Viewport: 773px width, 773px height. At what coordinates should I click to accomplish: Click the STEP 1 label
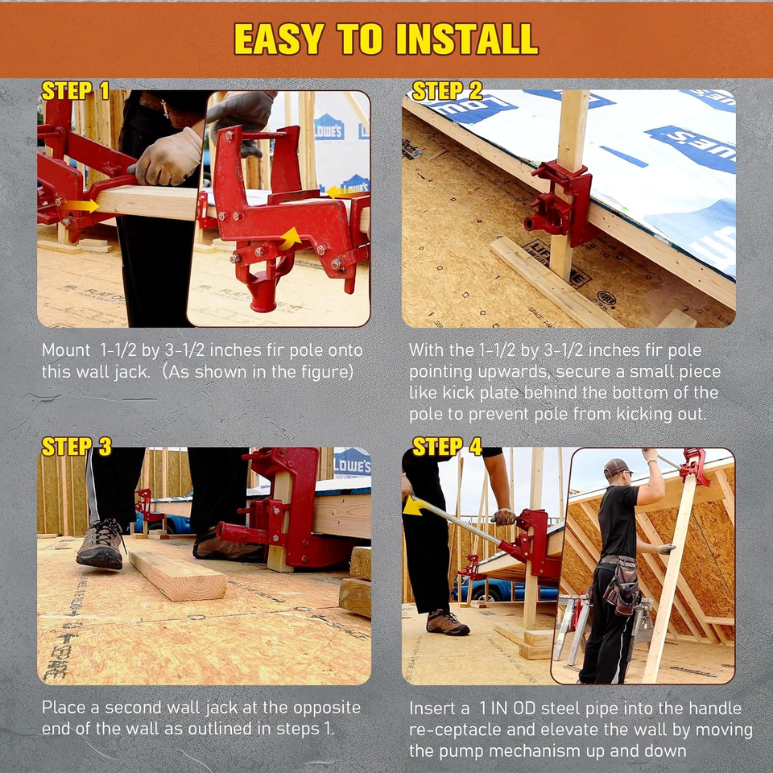pyautogui.click(x=75, y=90)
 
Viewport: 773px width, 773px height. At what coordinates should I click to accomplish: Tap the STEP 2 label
pyautogui.click(x=447, y=90)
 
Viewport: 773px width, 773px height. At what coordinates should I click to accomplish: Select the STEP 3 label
pyautogui.click(x=76, y=446)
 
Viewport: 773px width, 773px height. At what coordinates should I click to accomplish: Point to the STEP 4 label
pyautogui.click(x=447, y=446)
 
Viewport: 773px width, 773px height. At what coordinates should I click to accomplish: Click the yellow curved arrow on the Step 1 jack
pyautogui.click(x=290, y=238)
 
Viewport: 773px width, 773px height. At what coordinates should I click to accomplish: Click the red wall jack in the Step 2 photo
pyautogui.click(x=562, y=203)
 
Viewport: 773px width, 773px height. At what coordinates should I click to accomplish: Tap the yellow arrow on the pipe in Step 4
pyautogui.click(x=413, y=506)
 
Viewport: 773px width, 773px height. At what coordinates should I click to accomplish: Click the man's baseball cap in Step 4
pyautogui.click(x=617, y=467)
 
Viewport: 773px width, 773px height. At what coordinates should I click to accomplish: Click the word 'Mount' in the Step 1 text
pyautogui.click(x=66, y=350)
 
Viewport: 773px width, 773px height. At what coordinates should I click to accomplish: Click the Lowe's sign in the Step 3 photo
pyautogui.click(x=352, y=463)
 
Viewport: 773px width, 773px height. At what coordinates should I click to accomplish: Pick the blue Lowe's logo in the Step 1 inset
pyautogui.click(x=329, y=126)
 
